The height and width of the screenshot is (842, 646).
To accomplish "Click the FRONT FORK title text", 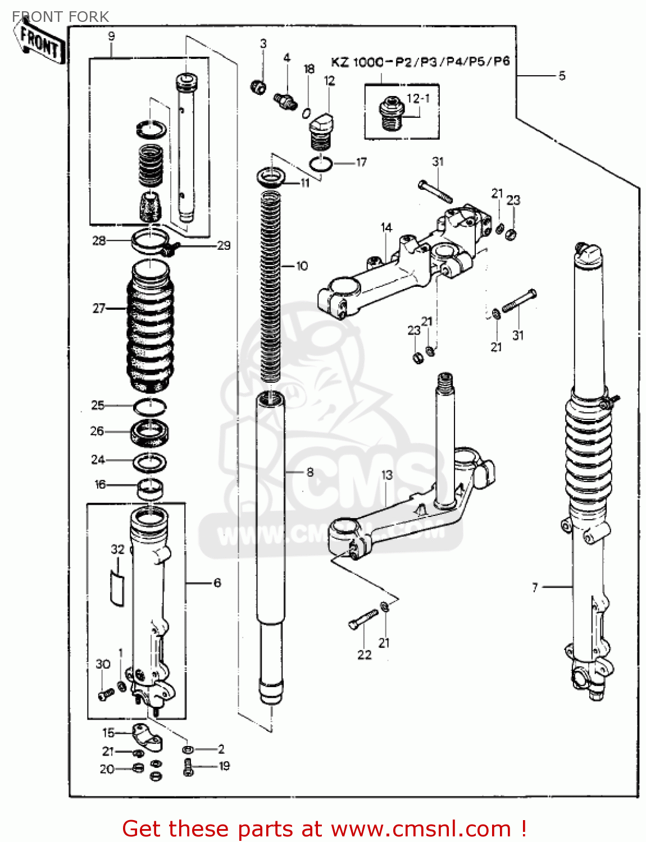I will coord(60,17).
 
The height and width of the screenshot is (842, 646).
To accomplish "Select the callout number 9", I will coord(111,36).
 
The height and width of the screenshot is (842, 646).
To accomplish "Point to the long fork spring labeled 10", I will coord(270,286).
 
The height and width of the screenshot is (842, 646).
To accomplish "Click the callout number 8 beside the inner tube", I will coord(310,472).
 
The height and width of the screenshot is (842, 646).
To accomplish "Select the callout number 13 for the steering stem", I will coord(387,475).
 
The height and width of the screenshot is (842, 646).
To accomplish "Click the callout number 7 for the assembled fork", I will coord(535,587).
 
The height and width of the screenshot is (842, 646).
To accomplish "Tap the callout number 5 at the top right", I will coord(562,76).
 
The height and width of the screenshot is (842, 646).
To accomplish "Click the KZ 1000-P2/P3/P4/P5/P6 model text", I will coord(420,62).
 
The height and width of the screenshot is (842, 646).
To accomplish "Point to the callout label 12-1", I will coord(418,99).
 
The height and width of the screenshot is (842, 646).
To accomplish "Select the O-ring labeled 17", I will coord(321,163).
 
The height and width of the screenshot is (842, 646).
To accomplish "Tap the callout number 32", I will coord(117,549).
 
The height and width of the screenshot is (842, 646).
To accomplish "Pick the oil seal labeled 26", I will coord(149,433).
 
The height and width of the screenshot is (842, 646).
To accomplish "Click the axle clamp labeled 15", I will coord(147,736).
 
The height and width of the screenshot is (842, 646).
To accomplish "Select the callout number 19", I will coord(224,766).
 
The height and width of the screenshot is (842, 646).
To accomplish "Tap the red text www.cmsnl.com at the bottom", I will coord(421,829).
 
